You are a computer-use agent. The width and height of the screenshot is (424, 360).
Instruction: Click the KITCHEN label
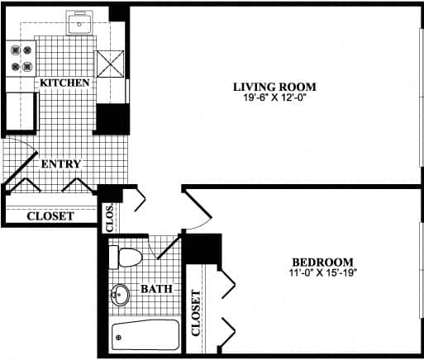coord(64,83)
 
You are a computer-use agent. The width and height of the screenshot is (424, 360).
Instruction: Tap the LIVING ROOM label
coord(274,87)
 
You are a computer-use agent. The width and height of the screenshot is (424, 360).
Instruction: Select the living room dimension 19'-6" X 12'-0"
coord(274,97)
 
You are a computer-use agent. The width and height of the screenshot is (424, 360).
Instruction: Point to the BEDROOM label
coord(322,263)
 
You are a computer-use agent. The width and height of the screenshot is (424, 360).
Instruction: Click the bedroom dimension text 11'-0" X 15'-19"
coord(323,272)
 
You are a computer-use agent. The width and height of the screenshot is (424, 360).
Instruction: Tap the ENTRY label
coord(61,164)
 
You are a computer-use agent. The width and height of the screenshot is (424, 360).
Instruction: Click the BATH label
coord(156,289)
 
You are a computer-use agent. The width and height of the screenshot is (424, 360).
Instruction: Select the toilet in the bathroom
coord(126,258)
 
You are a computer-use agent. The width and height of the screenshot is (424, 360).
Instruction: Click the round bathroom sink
coord(120,295)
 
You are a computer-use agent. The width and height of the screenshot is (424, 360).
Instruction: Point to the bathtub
coord(145,334)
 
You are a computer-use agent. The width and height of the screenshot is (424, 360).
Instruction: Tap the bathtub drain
coord(119,337)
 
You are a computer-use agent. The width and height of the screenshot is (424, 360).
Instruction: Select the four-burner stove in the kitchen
coord(21,59)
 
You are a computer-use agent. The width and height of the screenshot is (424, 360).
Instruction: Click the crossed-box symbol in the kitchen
coord(110,64)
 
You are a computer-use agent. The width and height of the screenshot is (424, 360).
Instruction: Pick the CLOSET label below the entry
coord(50,216)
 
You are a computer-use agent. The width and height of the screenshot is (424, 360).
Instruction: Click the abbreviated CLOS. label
coord(109,218)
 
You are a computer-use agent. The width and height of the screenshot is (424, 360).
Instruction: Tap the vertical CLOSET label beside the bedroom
coord(196,313)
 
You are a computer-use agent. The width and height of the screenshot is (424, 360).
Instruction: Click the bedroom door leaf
coord(198,203)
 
